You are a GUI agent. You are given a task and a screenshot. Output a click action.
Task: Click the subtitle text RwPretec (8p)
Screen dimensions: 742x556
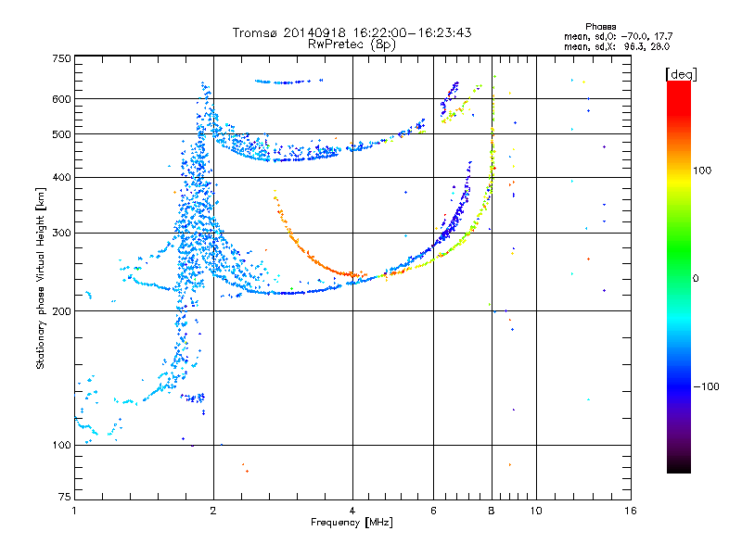[x=352, y=44]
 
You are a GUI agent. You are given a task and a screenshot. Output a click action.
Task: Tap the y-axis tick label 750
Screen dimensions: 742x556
[x=61, y=58]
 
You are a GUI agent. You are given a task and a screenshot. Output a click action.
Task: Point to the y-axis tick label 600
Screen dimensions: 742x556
[x=61, y=99]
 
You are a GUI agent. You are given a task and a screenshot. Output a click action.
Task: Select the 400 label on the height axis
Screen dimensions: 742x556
[x=61, y=177]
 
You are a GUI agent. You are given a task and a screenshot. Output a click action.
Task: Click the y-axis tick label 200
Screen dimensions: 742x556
[x=61, y=311]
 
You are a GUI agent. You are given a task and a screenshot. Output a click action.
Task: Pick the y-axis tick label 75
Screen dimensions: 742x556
[x=65, y=497]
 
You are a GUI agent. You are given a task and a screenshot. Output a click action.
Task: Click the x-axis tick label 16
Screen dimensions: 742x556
[x=630, y=511]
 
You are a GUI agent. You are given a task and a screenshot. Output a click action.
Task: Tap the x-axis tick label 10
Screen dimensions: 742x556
[x=536, y=511]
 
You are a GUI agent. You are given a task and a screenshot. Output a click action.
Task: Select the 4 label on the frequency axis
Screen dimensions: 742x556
[x=352, y=511]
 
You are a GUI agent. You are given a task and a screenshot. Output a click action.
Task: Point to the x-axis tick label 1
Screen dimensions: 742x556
[x=74, y=511]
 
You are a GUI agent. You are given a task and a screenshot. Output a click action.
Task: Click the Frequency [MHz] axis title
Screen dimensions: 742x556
[x=352, y=523]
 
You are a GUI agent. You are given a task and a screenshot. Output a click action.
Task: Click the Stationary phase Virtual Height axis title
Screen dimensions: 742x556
[x=41, y=279]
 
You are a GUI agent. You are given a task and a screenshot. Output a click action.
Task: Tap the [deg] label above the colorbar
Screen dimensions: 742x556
[x=681, y=74]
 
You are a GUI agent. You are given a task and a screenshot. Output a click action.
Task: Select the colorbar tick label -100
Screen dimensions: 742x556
[x=706, y=386]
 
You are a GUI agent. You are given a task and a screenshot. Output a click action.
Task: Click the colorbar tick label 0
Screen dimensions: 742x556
[x=696, y=279]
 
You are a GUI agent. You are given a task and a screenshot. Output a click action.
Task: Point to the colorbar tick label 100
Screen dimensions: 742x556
[x=702, y=171]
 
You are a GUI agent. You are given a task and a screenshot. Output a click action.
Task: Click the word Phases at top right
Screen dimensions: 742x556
[x=600, y=27]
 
